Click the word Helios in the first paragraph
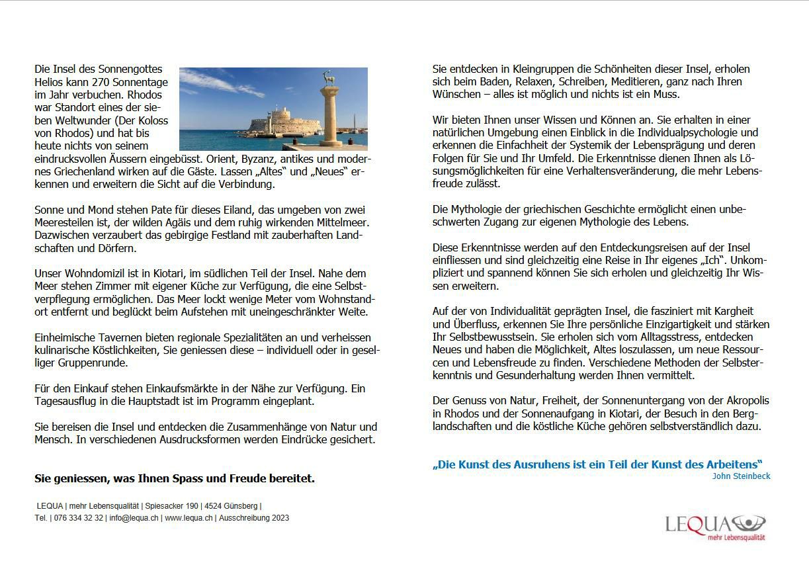(49, 82)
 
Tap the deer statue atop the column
(328, 78)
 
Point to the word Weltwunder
(73, 120)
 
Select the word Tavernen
(111, 337)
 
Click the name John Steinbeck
(741, 476)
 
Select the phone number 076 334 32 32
(79, 518)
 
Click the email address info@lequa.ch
(134, 518)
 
